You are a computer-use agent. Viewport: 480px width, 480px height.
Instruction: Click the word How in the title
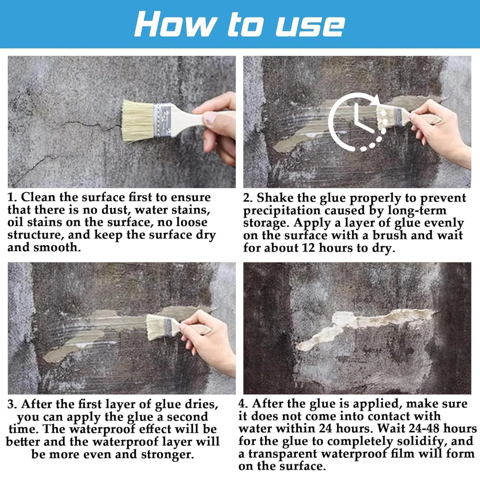174,25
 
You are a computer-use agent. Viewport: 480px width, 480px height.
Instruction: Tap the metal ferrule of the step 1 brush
162,120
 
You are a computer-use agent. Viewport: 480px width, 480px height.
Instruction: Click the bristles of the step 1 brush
138,121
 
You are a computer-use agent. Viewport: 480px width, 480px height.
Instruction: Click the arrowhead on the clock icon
375,101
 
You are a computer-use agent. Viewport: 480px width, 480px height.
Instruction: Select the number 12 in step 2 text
308,248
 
